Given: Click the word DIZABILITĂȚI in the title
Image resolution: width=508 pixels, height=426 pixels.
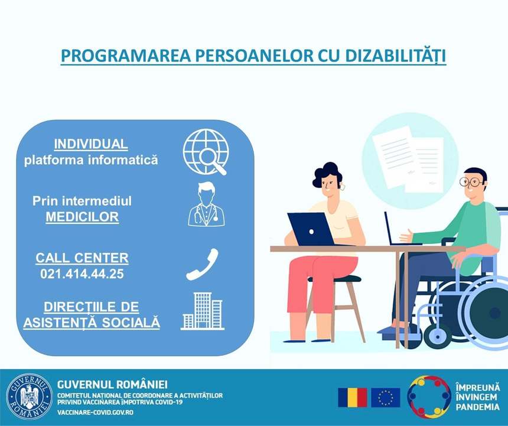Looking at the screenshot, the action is (x=395, y=56).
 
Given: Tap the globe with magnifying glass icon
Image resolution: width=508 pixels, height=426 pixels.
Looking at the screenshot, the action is (x=206, y=152).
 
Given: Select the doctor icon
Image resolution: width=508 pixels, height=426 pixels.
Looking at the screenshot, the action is (x=206, y=204).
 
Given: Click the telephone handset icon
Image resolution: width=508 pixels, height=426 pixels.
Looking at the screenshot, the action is (x=202, y=264).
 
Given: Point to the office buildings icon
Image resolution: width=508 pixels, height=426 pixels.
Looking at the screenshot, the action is (x=203, y=311).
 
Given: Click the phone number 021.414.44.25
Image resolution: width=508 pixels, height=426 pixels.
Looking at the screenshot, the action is (x=82, y=274).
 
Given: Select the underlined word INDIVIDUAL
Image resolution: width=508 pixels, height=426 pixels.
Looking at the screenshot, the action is (x=91, y=144).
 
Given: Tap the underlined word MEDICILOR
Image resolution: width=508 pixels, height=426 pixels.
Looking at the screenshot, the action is (x=82, y=217).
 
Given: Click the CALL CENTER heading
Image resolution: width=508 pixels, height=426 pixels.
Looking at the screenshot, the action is (x=82, y=258).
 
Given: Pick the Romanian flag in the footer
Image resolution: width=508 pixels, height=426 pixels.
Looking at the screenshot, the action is (x=353, y=397).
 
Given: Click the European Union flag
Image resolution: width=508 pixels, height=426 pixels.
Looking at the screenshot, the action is (x=386, y=397).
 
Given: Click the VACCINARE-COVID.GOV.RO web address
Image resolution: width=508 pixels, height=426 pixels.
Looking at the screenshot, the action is (x=95, y=412).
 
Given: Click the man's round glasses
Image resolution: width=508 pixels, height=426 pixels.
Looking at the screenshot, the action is (x=471, y=182).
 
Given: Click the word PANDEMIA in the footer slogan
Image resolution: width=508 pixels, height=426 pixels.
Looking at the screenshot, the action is (x=477, y=407).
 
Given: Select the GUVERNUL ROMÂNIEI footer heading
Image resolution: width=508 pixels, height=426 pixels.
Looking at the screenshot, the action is (x=112, y=385).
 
